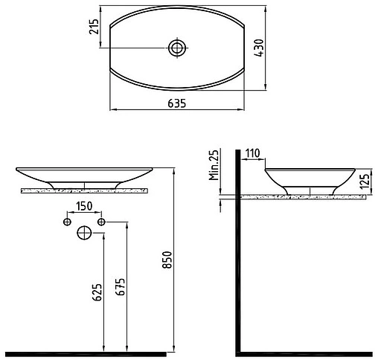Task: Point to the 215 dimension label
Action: pos(94,30)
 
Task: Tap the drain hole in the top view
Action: pos(177,48)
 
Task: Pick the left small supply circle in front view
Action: pos(67,222)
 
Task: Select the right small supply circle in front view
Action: pos(102,222)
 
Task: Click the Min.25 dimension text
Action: pos(213,166)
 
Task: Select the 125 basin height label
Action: pos(363,180)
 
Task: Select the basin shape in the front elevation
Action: pos(89,176)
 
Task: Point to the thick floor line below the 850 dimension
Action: pos(97,353)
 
